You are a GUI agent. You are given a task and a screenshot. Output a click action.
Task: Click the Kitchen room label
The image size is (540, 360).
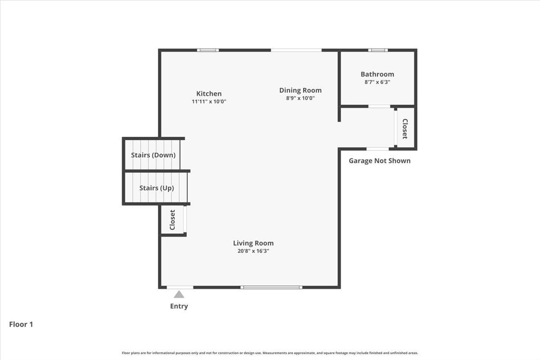pyautogui.click(x=209, y=94)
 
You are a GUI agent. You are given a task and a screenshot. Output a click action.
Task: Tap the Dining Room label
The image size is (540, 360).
pyautogui.click(x=300, y=90)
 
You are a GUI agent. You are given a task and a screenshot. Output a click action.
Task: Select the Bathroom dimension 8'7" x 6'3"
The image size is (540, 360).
pyautogui.click(x=377, y=82)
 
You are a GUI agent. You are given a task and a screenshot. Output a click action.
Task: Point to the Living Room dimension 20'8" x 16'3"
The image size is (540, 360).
pyautogui.click(x=253, y=251)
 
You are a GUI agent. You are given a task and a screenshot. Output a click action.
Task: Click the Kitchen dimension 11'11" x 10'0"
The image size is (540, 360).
pyautogui.click(x=209, y=102)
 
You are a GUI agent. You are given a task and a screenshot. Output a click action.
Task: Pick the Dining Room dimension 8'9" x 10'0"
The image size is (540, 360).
pyautogui.click(x=300, y=98)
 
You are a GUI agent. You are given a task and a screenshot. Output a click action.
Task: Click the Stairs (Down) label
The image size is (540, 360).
pyautogui.click(x=153, y=155)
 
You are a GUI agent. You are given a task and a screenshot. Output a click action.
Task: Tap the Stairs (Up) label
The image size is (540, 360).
pyautogui.click(x=156, y=188)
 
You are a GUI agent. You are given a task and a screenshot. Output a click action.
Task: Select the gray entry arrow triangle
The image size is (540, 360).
pyautogui.click(x=179, y=295)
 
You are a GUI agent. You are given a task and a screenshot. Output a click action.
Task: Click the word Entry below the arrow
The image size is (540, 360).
pyautogui.click(x=179, y=306)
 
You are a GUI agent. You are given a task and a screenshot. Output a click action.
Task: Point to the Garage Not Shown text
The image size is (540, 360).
pyautogui.click(x=379, y=161)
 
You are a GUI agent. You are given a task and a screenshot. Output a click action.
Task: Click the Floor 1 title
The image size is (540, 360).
pyautogui.click(x=21, y=324)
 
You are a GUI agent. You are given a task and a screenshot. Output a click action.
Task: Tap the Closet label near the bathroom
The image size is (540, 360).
pyautogui.click(x=405, y=129)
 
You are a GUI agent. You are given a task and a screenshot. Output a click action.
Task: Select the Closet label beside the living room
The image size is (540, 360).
pyautogui.click(x=172, y=220)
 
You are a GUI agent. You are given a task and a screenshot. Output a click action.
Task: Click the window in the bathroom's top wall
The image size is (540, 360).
pyautogui.click(x=378, y=50)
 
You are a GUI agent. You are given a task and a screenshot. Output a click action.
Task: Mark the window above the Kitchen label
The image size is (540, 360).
pyautogui.click(x=208, y=50)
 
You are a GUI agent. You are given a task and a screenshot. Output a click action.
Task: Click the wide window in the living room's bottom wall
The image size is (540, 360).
pyautogui.click(x=271, y=287)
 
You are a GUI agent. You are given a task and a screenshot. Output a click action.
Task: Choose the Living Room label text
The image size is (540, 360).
pyautogui.click(x=253, y=243)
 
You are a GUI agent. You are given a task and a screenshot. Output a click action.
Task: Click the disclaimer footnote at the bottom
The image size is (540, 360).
pyautogui.click(x=270, y=353)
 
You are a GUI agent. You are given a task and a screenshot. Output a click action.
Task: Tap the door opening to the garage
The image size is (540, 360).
pyautogui.click(x=378, y=149)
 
